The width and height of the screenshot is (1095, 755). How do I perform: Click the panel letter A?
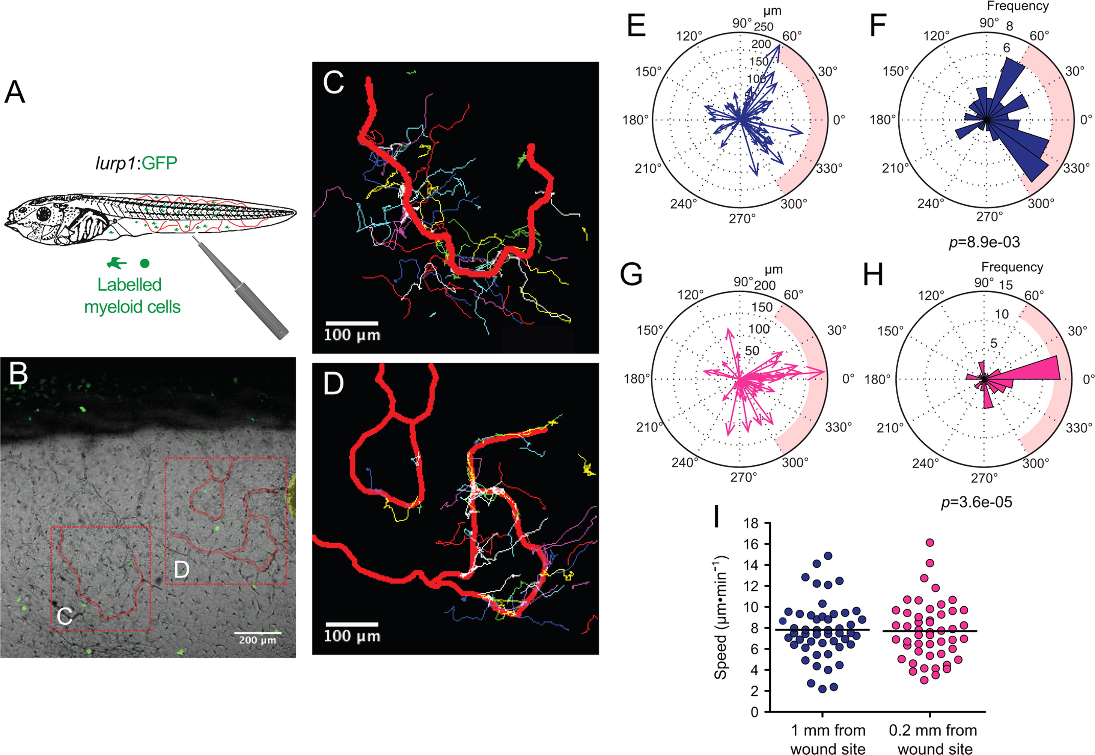click(14, 92)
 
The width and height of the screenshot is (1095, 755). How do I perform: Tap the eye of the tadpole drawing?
click(44, 214)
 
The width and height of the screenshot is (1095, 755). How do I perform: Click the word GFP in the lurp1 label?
click(159, 163)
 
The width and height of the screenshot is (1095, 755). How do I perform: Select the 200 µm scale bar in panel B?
click(258, 633)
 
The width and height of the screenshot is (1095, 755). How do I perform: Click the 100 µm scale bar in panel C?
click(351, 323)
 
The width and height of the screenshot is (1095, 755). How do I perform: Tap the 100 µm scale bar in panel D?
click(351, 624)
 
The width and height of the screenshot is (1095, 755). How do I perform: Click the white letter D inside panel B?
click(181, 570)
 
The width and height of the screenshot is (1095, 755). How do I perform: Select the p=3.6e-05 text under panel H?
click(977, 502)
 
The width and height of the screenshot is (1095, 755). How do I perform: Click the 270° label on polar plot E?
click(742, 218)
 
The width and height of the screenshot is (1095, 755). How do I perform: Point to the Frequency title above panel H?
click(1012, 267)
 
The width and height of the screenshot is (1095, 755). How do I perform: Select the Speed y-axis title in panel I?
click(721, 617)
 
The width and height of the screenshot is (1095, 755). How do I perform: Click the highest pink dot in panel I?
click(930, 543)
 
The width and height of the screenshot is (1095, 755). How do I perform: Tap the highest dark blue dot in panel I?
click(828, 556)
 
